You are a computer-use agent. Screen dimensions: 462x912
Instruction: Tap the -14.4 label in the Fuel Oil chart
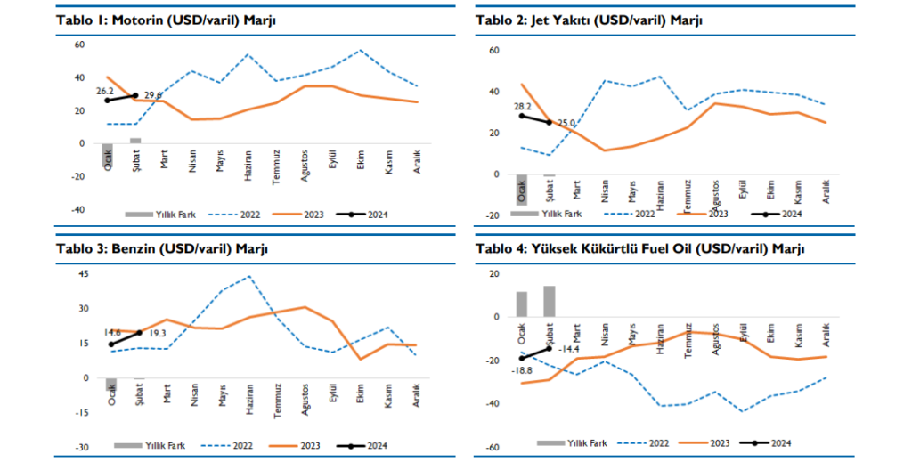[568, 349]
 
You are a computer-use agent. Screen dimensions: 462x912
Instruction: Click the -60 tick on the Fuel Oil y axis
[491, 448]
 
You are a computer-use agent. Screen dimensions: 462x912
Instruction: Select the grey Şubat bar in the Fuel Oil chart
[550, 301]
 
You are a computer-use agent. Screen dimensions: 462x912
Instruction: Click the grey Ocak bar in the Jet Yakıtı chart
[522, 190]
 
